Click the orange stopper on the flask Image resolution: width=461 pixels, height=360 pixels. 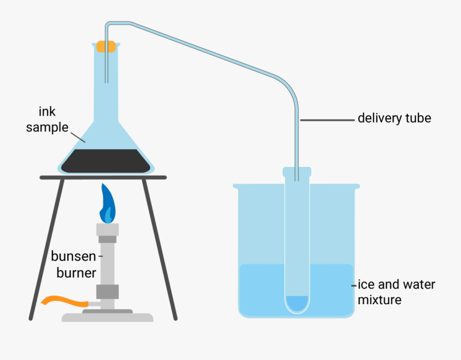[107, 46]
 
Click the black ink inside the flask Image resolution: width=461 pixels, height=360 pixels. [107, 161]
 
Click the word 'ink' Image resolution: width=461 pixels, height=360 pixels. [47, 111]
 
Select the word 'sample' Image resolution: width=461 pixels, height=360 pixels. [47, 127]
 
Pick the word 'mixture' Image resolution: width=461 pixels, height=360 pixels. [380, 300]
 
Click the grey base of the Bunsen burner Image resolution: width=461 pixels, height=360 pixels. [108, 317]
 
